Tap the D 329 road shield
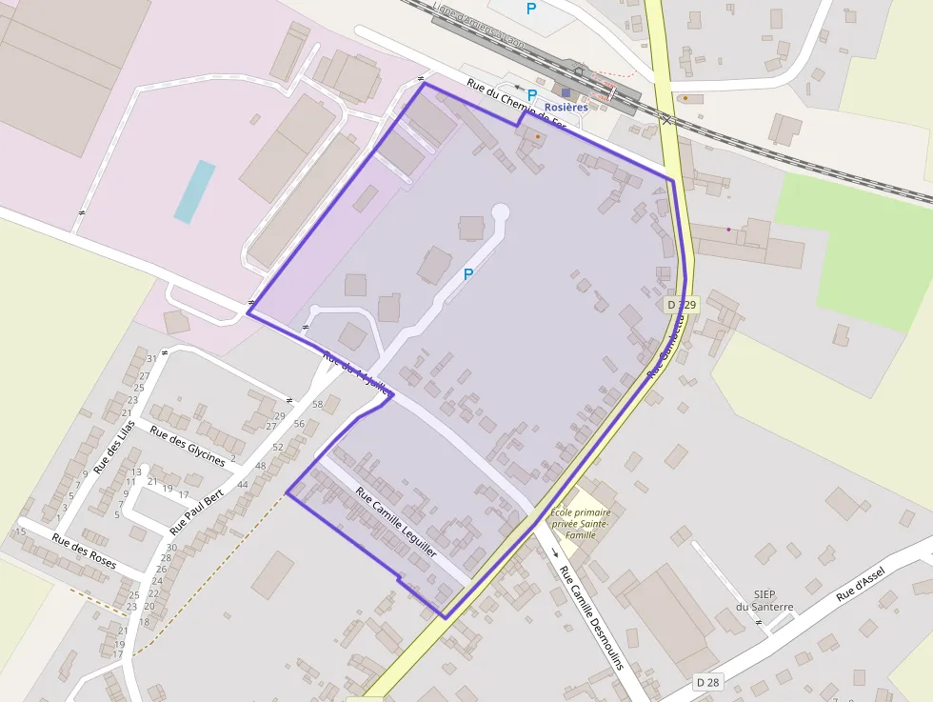(682, 305)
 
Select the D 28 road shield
(706, 682)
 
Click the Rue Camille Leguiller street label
(396, 523)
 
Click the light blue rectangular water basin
(194, 191)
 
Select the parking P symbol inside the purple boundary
(467, 274)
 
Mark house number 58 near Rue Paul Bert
(318, 405)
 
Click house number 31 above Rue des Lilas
(150, 359)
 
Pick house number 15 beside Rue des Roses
(20, 532)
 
